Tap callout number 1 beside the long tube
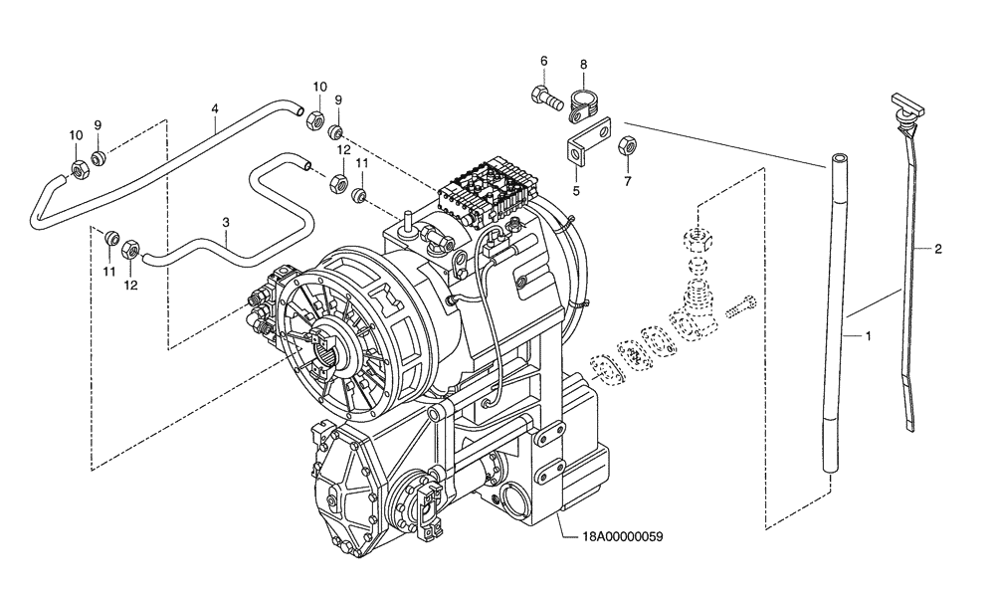pos(868,337)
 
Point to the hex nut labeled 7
pos(628,144)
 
